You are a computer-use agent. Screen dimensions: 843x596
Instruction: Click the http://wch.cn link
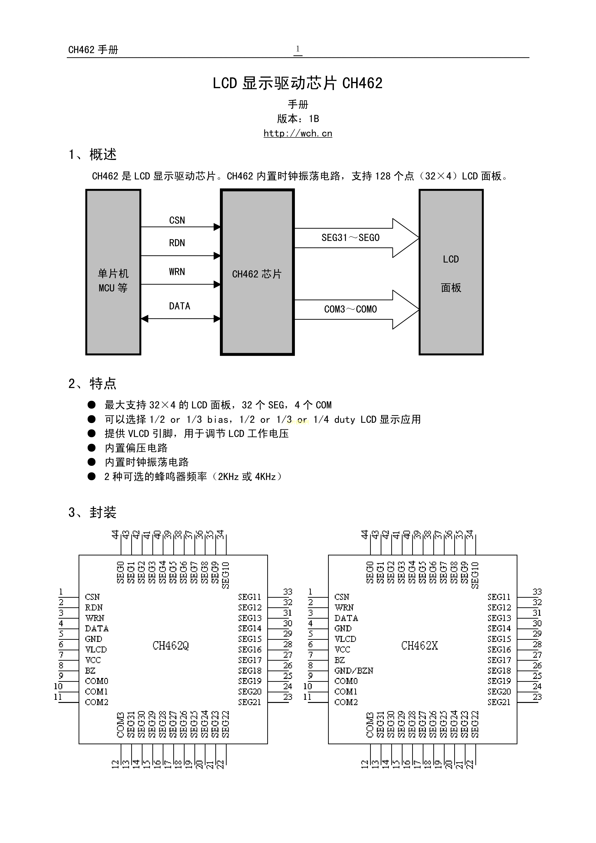(298, 133)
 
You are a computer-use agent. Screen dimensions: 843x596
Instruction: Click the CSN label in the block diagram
(177, 220)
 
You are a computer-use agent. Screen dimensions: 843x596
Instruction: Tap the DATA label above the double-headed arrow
(180, 306)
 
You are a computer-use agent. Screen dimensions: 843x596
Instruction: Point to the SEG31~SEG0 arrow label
(350, 238)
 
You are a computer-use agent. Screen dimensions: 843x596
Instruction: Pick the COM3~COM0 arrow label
(350, 309)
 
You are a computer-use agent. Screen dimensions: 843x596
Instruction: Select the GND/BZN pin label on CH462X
(354, 671)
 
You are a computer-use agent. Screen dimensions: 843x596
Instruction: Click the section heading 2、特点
(92, 384)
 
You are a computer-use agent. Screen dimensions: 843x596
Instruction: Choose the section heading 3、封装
(92, 512)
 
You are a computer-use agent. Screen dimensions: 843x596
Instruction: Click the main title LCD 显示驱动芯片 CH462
(298, 83)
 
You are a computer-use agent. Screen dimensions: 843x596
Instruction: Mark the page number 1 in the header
(298, 49)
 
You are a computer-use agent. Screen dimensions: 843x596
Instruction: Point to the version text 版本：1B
(298, 119)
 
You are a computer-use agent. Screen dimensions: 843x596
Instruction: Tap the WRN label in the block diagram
(177, 272)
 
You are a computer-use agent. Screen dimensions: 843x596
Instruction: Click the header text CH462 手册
(93, 49)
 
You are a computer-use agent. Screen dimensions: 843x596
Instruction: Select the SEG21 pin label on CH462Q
(250, 702)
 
